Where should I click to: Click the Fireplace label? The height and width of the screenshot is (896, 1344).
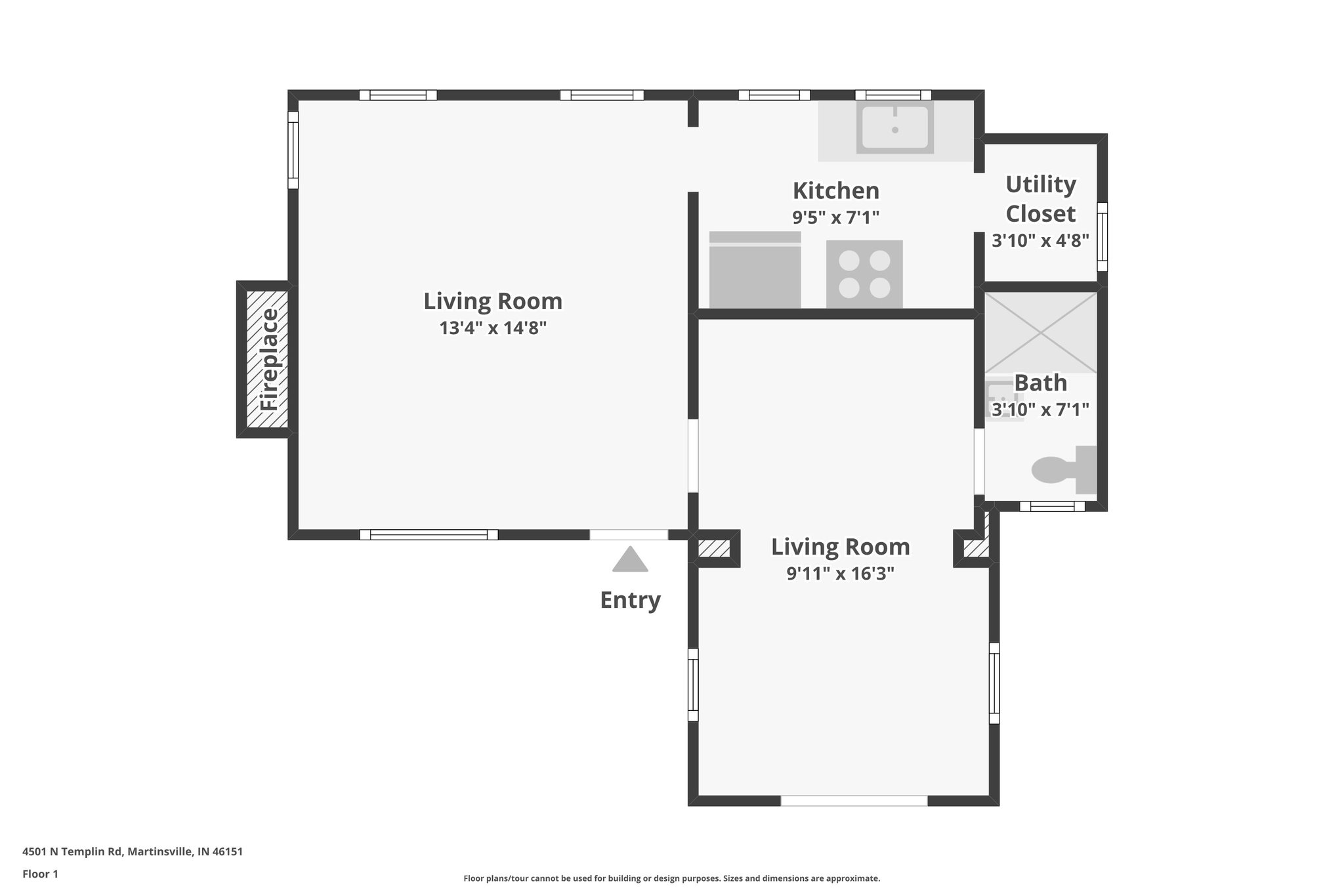(x=270, y=360)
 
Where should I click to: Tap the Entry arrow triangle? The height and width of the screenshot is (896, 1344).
(x=630, y=560)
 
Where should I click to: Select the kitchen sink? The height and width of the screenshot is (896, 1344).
(x=895, y=128)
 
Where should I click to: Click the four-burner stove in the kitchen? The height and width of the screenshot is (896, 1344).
(x=864, y=274)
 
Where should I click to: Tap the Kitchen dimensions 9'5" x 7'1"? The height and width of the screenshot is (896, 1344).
(x=835, y=217)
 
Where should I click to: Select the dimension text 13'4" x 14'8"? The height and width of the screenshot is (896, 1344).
(x=493, y=328)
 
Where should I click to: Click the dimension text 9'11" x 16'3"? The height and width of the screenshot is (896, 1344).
(x=841, y=574)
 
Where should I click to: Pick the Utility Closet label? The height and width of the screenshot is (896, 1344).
(x=1041, y=199)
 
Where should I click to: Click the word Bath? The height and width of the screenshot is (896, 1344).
(x=1041, y=383)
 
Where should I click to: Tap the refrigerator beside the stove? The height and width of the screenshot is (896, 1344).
(x=755, y=270)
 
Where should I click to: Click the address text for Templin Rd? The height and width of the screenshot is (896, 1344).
(x=133, y=852)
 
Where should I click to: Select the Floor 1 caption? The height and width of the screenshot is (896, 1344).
(x=41, y=874)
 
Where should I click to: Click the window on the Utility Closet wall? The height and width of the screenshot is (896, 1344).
(x=1102, y=237)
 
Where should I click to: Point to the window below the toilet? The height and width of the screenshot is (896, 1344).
(x=1051, y=506)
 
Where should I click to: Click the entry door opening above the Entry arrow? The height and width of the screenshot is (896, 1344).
(x=629, y=535)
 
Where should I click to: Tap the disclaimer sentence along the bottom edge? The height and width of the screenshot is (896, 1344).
(x=671, y=878)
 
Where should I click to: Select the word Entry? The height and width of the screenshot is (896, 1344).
(x=630, y=600)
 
